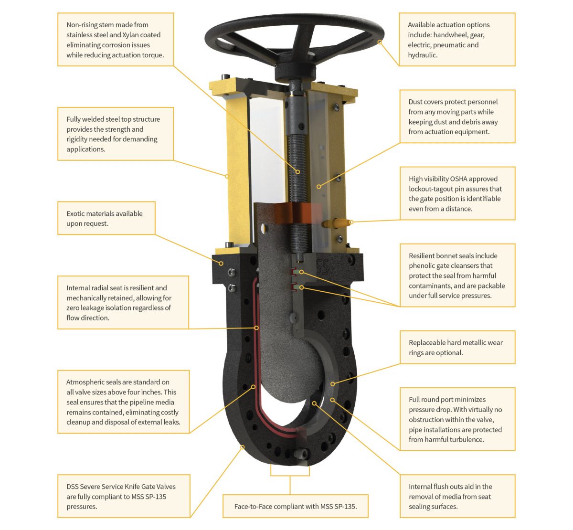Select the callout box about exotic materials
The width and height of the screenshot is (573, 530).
106,219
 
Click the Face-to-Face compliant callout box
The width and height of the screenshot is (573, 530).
295,506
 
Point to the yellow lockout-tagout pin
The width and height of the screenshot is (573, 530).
336,223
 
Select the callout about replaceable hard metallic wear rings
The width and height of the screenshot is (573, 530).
457,348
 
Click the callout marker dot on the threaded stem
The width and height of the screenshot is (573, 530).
297,172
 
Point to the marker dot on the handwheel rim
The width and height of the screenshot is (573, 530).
380,42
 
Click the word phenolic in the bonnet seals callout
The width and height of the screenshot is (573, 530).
423,266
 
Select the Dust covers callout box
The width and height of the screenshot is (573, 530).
457,117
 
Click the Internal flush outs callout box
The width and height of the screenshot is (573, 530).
457,496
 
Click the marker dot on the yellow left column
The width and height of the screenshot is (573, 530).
227,176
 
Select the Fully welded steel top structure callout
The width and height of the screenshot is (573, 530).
115,134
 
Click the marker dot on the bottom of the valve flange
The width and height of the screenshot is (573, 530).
243,447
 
